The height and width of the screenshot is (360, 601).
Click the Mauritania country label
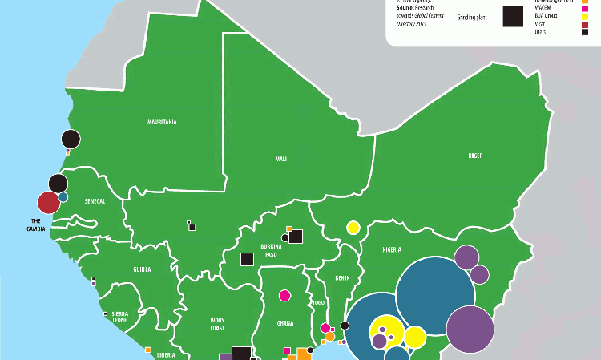pos(162,122)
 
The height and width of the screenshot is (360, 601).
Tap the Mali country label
pos(281,159)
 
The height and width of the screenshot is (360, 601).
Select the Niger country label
pos(475,155)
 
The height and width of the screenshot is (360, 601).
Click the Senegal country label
pos(95,200)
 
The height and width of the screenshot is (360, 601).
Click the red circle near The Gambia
pos(48,203)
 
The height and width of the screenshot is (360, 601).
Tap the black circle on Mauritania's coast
pos(71,140)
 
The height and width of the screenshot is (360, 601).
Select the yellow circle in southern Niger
pos(353,228)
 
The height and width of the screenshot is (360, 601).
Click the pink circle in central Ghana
pos(284,295)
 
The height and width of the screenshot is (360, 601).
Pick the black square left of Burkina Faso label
pos(247,259)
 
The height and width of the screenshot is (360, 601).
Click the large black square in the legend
pos(514,16)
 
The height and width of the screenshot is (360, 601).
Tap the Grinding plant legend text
pos(472,16)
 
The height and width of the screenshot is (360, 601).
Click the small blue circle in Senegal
pos(63,196)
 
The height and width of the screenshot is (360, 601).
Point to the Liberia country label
pos(167,354)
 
